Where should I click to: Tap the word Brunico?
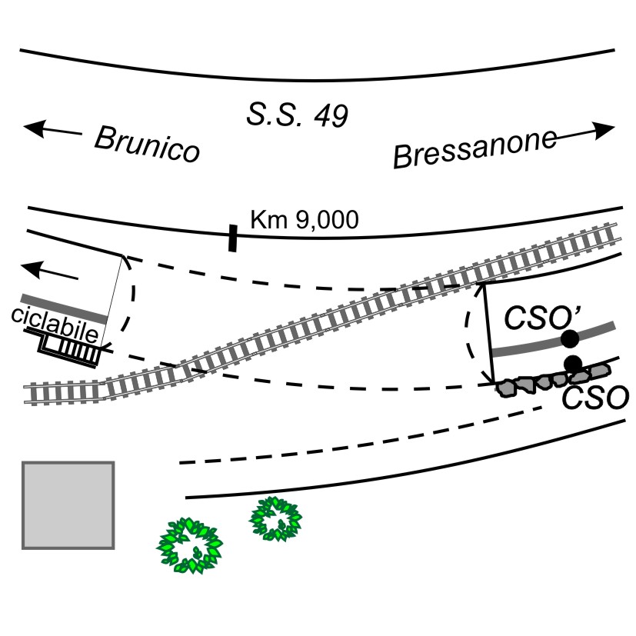pyautogui.click(x=146, y=145)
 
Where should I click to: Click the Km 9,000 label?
pyautogui.click(x=305, y=220)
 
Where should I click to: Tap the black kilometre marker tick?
pyautogui.click(x=232, y=238)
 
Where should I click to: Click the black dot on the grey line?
pyautogui.click(x=569, y=338)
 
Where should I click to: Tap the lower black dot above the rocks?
pyautogui.click(x=572, y=363)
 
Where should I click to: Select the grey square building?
pyautogui.click(x=68, y=505)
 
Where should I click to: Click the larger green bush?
pyautogui.click(x=189, y=544)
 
